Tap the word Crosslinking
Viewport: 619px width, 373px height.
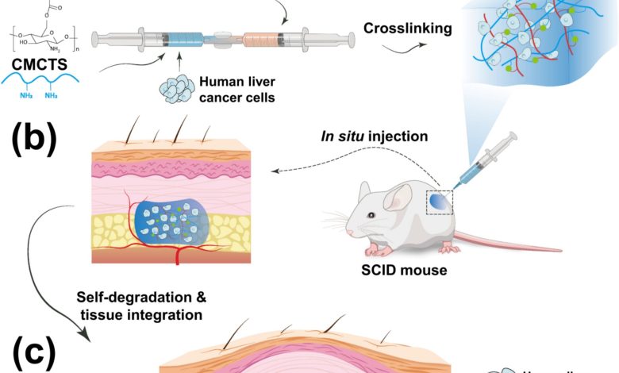[x=408, y=29]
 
